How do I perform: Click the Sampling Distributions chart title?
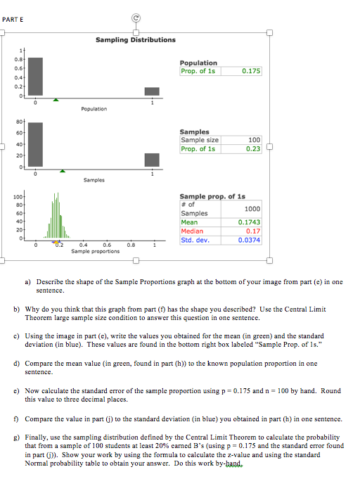136,40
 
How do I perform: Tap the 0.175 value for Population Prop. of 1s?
250,71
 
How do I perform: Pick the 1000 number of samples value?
252,209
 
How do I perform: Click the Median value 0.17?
253,231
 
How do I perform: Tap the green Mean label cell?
195,222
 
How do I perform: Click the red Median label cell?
195,231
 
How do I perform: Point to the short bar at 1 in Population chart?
152,91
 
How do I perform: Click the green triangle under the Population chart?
57,100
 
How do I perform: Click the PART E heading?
13,19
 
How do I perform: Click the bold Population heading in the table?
198,63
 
